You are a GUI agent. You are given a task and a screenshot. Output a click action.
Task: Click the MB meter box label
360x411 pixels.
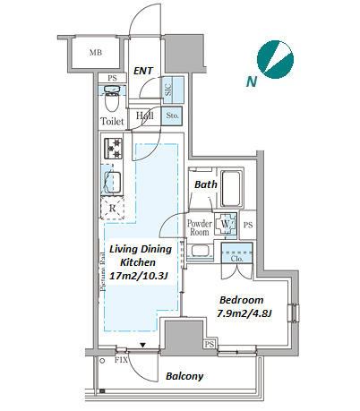click(x=96, y=53)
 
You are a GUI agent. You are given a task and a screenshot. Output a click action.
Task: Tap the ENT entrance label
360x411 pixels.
click(x=143, y=71)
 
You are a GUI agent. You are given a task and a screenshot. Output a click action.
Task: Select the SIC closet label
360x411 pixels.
click(x=168, y=90)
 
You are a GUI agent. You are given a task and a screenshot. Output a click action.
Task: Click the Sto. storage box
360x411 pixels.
click(x=172, y=116)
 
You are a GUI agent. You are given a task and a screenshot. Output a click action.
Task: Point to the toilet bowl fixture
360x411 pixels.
click(x=112, y=98)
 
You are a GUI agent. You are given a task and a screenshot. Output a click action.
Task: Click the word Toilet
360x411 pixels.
click(x=112, y=122)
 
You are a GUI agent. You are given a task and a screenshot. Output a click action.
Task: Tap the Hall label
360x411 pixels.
click(x=145, y=116)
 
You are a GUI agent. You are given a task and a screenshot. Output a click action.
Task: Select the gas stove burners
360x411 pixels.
click(x=113, y=149)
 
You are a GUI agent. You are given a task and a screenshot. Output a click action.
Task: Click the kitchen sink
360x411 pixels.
click(x=112, y=181)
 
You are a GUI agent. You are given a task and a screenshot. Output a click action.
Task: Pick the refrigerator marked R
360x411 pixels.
click(x=113, y=208)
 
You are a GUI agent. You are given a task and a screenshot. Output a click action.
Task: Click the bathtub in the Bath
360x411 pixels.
click(x=230, y=188)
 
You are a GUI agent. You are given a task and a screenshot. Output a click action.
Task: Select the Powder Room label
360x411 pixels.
click(x=199, y=227)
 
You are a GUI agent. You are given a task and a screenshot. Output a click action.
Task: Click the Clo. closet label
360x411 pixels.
click(x=236, y=259)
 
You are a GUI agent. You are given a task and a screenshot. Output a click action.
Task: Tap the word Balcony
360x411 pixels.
click(x=184, y=376)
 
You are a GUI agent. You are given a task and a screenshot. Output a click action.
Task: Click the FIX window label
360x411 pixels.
click(x=121, y=360)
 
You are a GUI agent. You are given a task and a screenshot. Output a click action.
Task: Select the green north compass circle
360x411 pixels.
click(x=275, y=59)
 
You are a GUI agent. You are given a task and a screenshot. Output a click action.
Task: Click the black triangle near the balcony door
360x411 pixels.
click(x=143, y=346)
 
